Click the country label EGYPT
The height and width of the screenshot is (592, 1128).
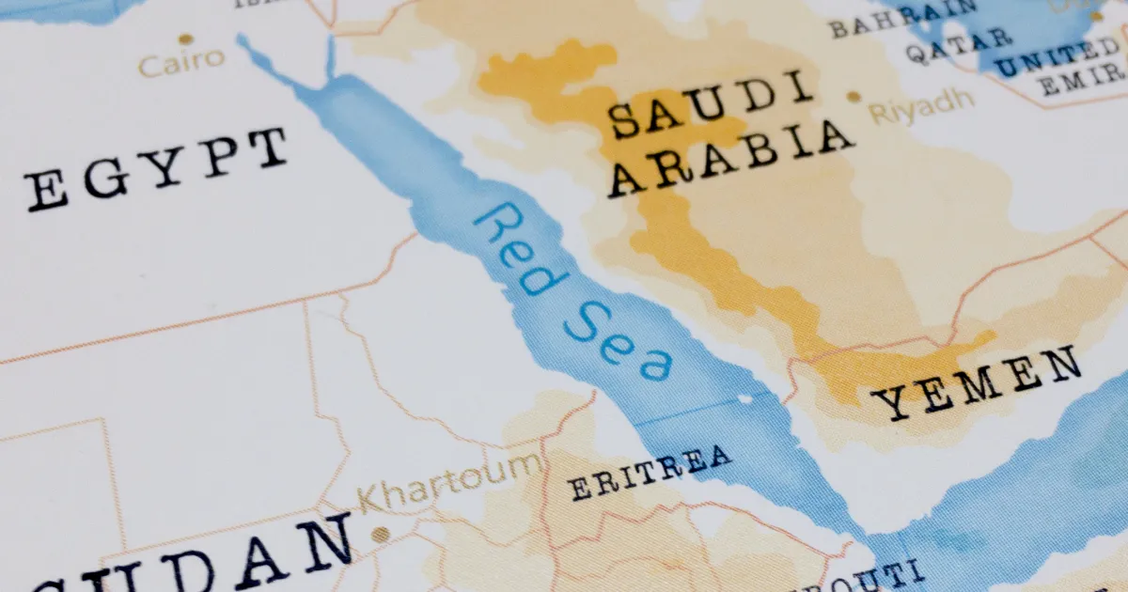156,169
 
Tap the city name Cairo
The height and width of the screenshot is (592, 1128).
181,62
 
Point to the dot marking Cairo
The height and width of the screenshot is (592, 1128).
185,39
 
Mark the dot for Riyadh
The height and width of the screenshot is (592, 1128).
854,96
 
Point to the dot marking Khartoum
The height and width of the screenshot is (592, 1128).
380,534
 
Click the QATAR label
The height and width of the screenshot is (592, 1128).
959,45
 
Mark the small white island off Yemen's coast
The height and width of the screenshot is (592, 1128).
745,399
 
